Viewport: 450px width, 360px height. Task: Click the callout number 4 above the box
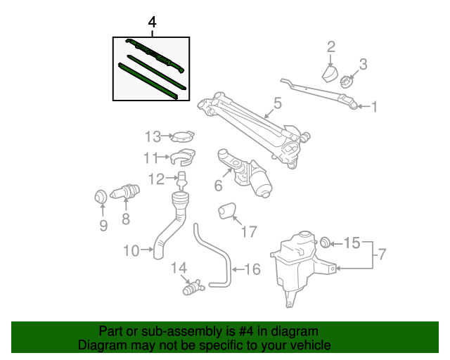(152, 24)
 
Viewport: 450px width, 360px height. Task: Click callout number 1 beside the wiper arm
(375, 107)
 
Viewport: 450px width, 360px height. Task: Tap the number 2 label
(331, 48)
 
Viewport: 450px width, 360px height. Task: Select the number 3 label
(363, 64)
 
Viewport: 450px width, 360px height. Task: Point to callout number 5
(277, 103)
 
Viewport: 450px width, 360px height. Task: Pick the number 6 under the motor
(218, 186)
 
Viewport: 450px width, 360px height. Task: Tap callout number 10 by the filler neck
(131, 249)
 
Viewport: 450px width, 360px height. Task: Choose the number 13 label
(153, 136)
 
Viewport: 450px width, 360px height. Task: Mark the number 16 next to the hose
(252, 269)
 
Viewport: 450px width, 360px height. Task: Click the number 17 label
(250, 231)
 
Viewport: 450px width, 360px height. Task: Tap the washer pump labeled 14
(191, 288)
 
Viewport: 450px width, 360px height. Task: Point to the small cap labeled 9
(101, 196)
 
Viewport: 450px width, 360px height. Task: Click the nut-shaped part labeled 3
(346, 82)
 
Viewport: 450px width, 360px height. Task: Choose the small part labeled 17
(227, 210)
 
